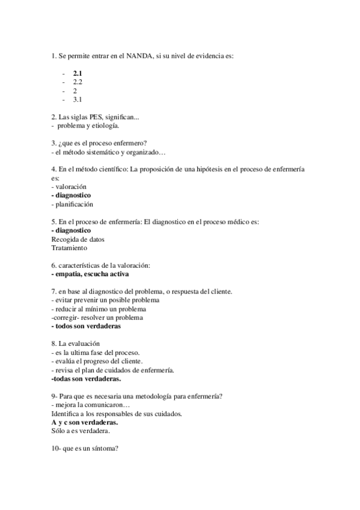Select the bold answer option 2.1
coord(78,73)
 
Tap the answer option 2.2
coord(78,81)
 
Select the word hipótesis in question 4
coord(216,170)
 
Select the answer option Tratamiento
coord(69,247)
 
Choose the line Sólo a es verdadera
coord(81,431)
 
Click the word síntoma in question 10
coord(105,448)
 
